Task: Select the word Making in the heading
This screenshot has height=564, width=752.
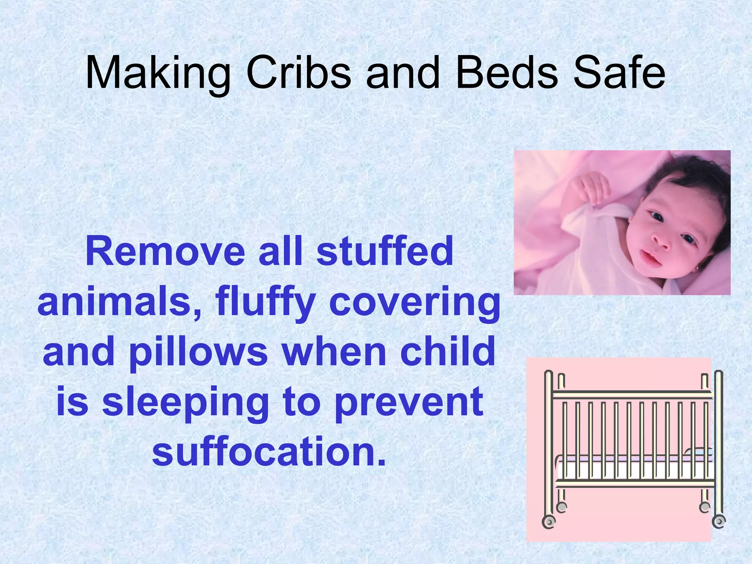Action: (158, 75)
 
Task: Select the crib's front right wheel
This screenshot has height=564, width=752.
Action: (719, 521)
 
